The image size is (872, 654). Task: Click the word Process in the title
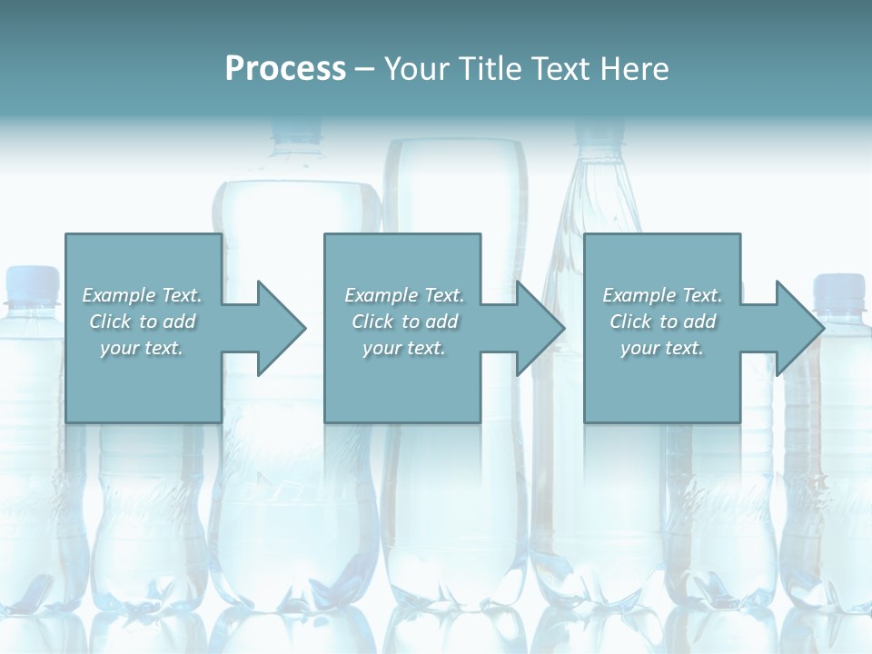point(285,68)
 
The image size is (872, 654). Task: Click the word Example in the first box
point(118,295)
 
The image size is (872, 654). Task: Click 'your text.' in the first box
point(142,348)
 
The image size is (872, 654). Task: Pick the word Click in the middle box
point(372,322)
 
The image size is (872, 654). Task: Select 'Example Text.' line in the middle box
point(404,295)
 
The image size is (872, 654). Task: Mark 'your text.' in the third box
point(662,348)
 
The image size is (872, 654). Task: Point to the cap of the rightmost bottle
point(838,287)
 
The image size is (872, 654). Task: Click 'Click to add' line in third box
point(662,322)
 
